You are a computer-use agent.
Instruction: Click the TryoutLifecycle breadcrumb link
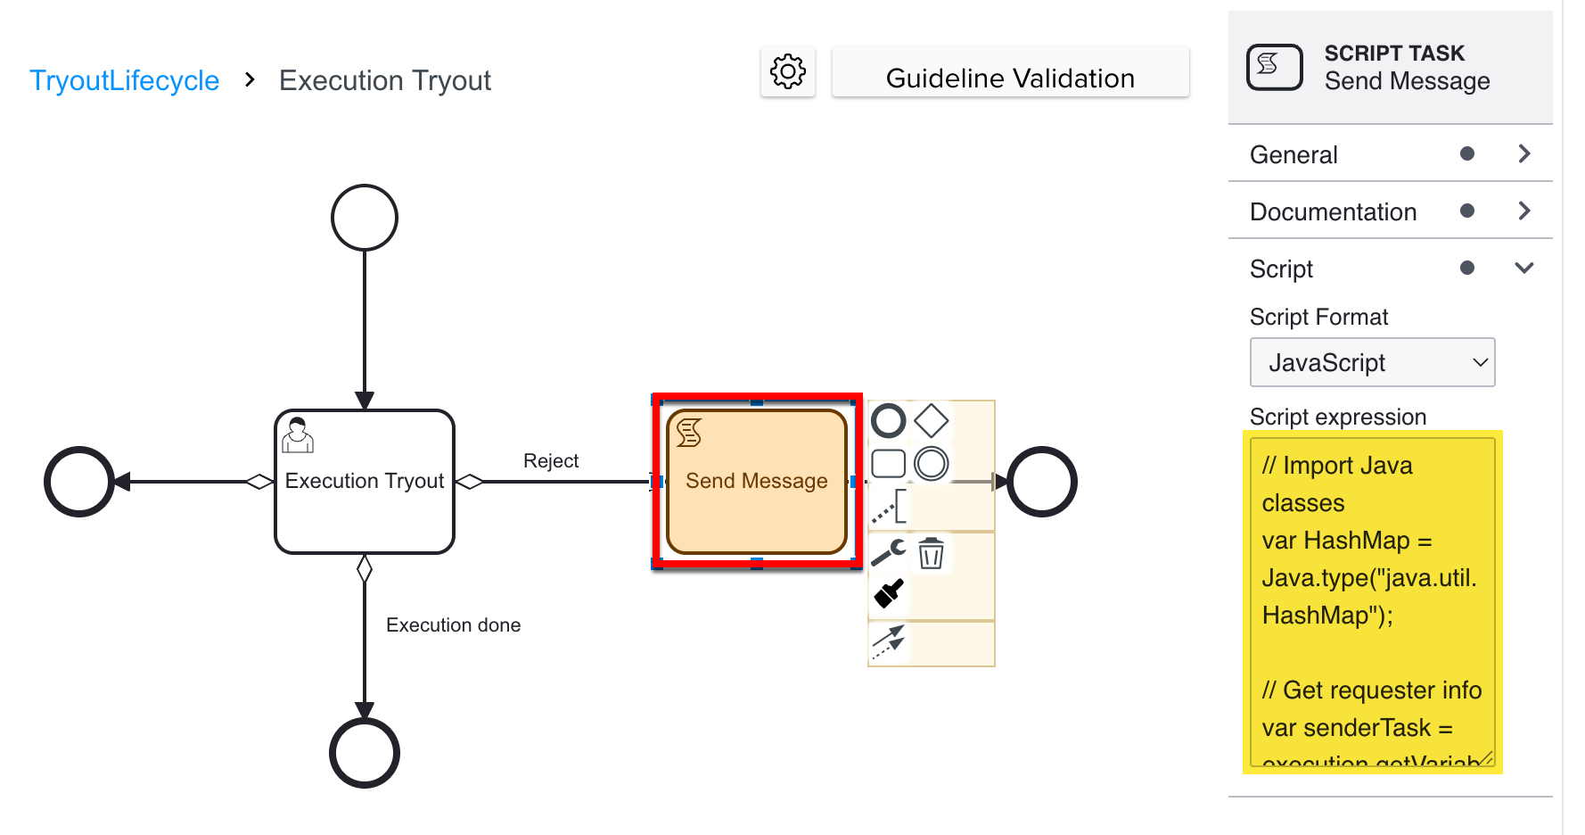[x=124, y=80]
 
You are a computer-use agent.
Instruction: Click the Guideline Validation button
[x=1010, y=79]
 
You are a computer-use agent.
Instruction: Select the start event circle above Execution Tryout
[x=364, y=218]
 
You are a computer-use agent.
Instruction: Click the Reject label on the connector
[x=551, y=461]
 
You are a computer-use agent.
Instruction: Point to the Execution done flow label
[x=453, y=625]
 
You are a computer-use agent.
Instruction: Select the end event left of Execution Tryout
[x=79, y=482]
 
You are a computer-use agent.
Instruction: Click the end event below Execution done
[x=364, y=753]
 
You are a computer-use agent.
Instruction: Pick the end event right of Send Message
[x=1041, y=482]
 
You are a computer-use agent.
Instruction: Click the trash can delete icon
[x=931, y=553]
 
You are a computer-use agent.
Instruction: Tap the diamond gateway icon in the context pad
[x=931, y=421]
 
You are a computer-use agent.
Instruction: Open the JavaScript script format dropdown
[x=1372, y=362]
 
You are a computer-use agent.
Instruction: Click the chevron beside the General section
[x=1524, y=154]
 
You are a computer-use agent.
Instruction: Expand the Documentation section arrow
[x=1524, y=211]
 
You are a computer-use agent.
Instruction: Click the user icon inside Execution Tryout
[x=298, y=435]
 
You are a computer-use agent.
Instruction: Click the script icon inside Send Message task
[x=689, y=433]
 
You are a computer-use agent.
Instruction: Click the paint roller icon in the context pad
[x=889, y=593]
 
